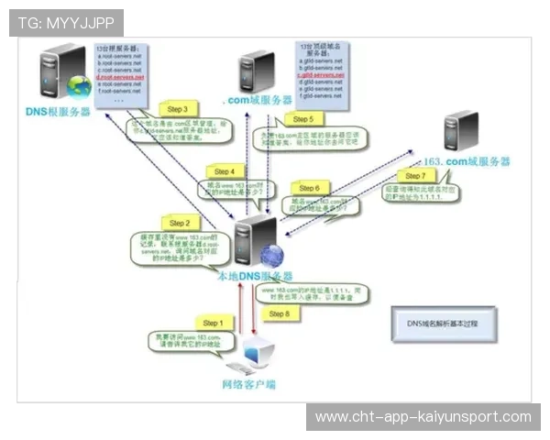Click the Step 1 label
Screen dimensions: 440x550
[x=212, y=324]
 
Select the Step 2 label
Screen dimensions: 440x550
[x=180, y=223]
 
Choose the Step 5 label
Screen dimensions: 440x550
[x=303, y=119]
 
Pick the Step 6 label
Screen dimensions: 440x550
[x=309, y=188]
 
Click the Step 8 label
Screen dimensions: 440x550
[x=279, y=313]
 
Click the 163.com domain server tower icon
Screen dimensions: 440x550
[x=460, y=132]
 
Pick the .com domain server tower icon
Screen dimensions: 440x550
[x=257, y=71]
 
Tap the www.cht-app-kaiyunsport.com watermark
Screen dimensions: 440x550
[x=423, y=417]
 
